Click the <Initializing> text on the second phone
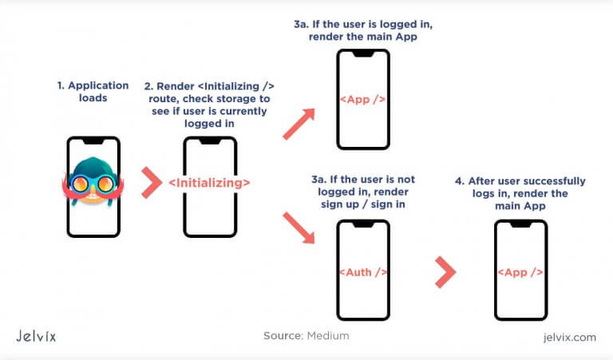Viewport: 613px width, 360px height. click(x=210, y=184)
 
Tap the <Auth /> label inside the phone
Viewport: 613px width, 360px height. click(x=364, y=272)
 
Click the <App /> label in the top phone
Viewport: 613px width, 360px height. click(x=363, y=101)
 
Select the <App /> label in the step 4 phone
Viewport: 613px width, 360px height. click(x=520, y=272)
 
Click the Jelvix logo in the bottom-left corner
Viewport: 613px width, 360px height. click(x=46, y=335)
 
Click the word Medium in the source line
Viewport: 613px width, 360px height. click(x=328, y=336)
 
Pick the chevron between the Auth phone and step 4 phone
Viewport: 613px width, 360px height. click(x=444, y=272)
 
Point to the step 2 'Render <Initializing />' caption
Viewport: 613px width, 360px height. click(x=209, y=103)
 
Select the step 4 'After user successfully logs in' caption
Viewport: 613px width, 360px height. click(x=521, y=191)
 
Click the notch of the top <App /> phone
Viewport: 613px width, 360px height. click(x=363, y=54)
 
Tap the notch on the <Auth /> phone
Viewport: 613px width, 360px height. click(x=364, y=225)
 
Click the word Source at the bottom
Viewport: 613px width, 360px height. click(x=283, y=336)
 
